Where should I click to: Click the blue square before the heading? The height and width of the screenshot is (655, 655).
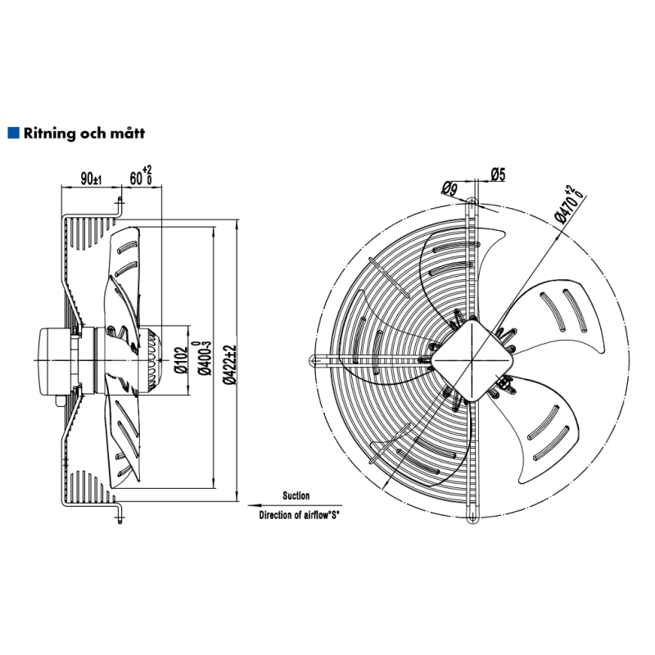click(12, 132)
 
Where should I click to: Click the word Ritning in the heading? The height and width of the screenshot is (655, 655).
click(49, 132)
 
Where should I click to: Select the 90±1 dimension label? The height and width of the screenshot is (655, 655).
click(90, 179)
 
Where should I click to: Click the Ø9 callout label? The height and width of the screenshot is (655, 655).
click(449, 189)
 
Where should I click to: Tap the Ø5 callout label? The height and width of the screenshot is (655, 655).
click(498, 174)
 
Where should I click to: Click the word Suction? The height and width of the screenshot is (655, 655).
click(296, 496)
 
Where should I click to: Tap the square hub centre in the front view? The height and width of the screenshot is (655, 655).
click(472, 358)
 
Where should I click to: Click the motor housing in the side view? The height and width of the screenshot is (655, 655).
click(53, 359)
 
